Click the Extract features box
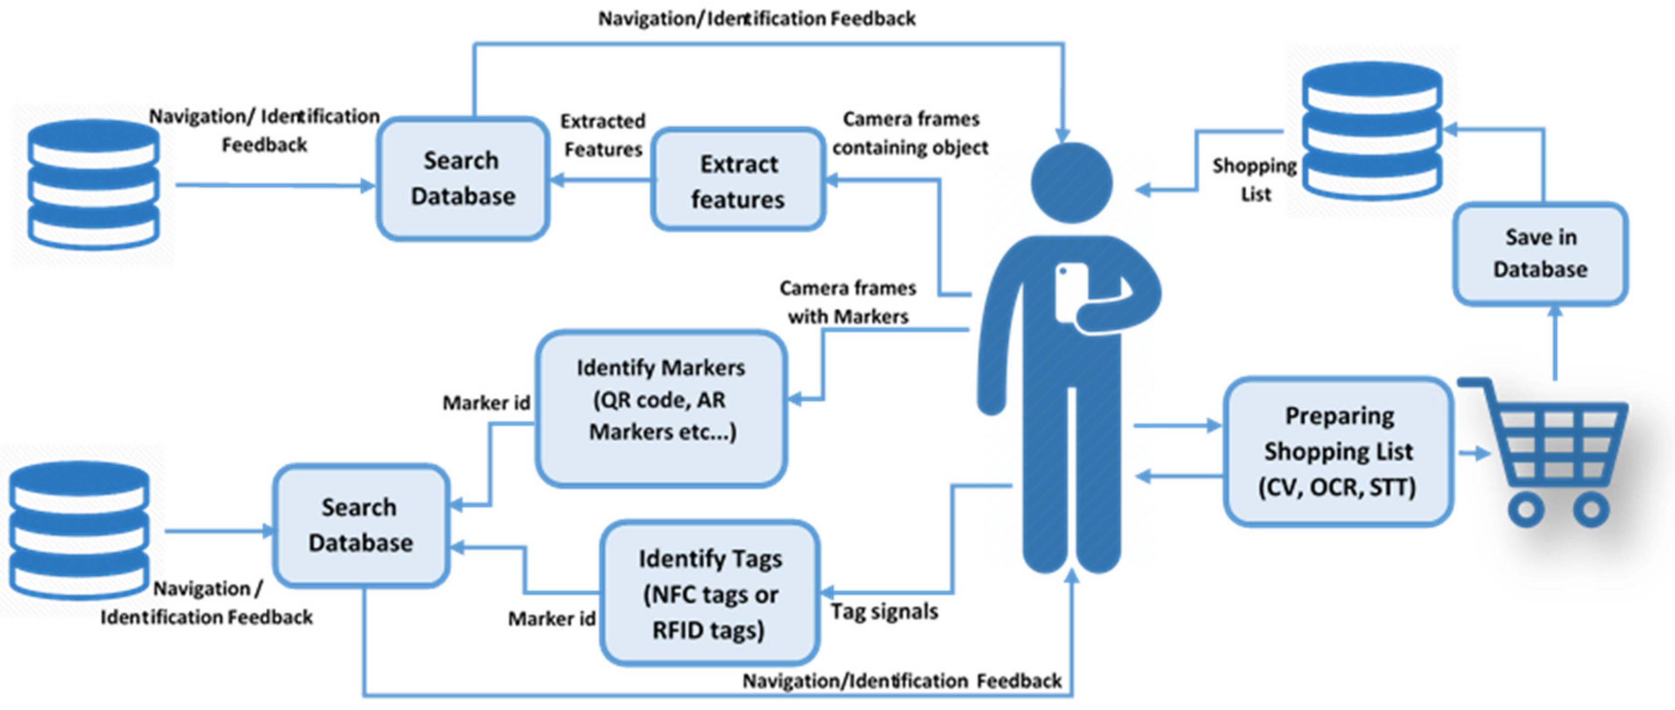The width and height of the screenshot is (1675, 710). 738,180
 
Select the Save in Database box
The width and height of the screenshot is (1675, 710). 1540,254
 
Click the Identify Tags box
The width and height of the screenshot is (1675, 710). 709,593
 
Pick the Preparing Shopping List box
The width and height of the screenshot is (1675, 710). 1338,451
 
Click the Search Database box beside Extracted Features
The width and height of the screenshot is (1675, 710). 462,179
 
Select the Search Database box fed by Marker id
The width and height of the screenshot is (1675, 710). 360,525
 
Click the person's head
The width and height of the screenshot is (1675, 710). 1071,183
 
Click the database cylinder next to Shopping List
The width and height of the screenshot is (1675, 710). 1372,130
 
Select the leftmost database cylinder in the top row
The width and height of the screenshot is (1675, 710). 94,184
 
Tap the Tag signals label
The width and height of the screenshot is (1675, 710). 884,611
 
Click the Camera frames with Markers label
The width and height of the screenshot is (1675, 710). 847,302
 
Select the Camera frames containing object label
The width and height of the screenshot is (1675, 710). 910,133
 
